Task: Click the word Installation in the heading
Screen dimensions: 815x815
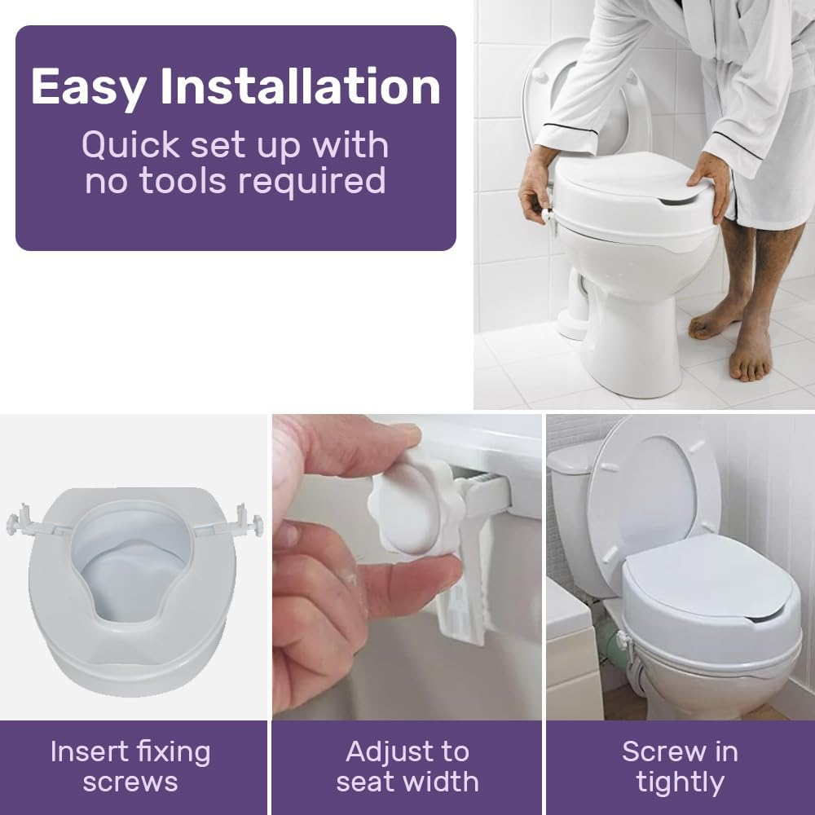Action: (300, 87)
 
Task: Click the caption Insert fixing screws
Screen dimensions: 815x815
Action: (130, 766)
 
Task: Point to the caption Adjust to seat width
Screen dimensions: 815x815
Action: (407, 766)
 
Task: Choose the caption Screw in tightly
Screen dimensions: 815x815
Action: (680, 766)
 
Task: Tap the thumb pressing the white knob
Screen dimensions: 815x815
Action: (383, 444)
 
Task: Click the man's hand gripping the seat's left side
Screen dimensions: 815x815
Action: (536, 183)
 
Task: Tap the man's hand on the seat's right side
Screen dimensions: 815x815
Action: (711, 183)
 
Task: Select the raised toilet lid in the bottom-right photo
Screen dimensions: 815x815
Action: (652, 489)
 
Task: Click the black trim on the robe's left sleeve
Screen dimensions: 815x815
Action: (570, 130)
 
